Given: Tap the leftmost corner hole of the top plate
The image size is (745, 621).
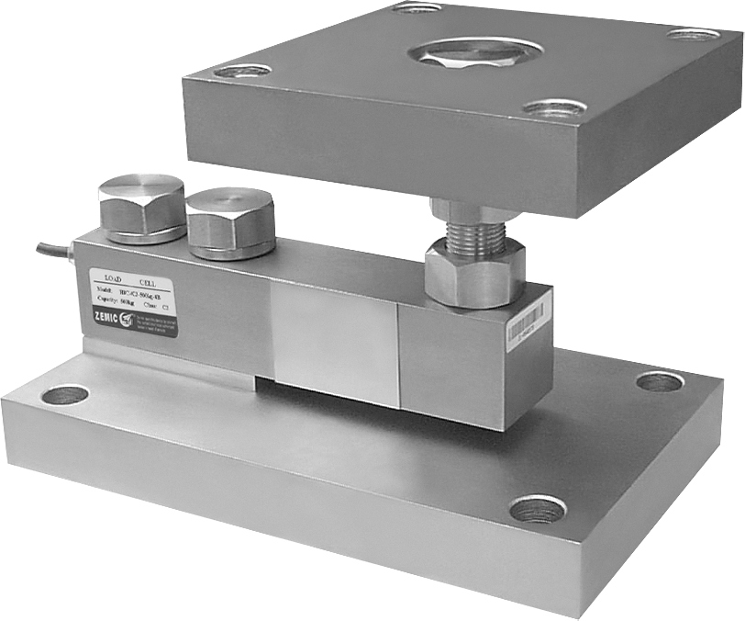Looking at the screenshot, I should [x=242, y=71].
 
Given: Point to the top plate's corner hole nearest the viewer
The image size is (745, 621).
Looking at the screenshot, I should [x=554, y=108].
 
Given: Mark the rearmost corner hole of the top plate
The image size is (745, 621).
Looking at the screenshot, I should [x=415, y=8].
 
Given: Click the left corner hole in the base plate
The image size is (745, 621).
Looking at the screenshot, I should [x=65, y=395].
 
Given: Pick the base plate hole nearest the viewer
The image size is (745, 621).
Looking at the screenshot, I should [x=538, y=508].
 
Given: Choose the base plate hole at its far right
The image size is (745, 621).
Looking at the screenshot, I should [x=659, y=381].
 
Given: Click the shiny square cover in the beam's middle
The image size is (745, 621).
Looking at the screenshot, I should [x=334, y=340].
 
